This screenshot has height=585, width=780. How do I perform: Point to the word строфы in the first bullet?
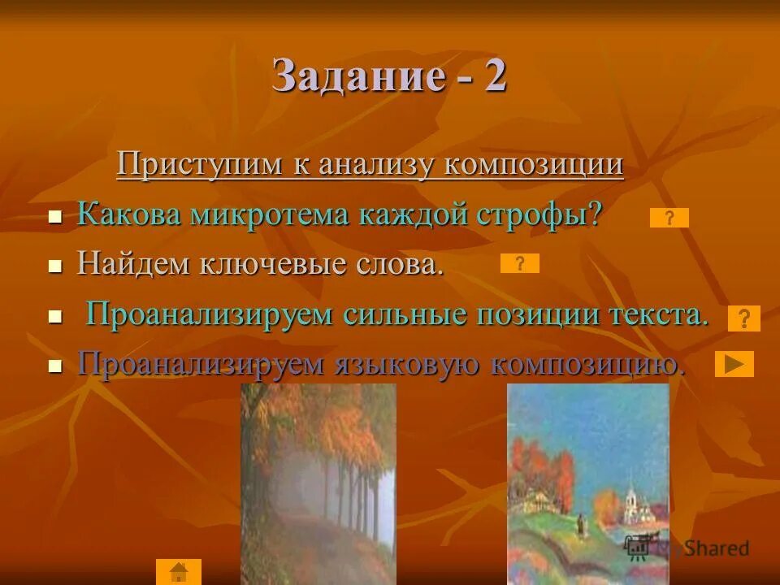pos(542,214)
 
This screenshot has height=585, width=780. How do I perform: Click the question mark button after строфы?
pos(669,218)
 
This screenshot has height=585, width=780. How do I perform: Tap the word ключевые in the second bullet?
pos(275,264)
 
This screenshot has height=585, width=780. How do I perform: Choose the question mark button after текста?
pos(743,318)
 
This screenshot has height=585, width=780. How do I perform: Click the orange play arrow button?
pos(734,364)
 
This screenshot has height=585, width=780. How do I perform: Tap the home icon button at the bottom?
pos(178,572)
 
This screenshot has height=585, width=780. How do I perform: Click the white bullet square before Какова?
pos(55,218)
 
